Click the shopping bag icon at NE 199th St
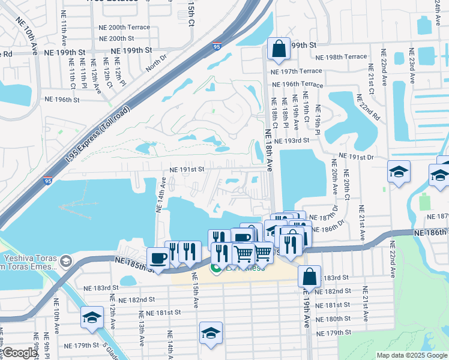coord(279,49)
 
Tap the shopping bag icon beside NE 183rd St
coord(309,277)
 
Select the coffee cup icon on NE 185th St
coord(158,258)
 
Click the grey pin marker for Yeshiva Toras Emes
coord(65,261)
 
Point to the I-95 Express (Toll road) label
coord(98,139)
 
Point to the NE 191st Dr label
coord(357,156)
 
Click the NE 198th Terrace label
coord(342,56)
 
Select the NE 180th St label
coord(335,319)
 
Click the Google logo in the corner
coord(20,353)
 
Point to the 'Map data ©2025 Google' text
coord(411,355)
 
